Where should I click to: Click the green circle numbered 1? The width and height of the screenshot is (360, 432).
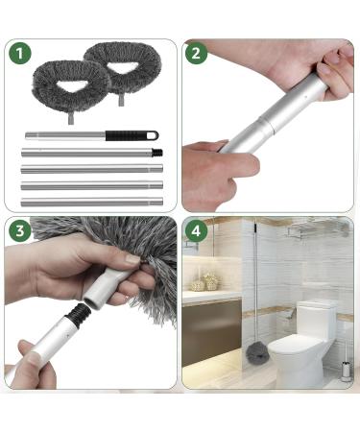click(x=20, y=53)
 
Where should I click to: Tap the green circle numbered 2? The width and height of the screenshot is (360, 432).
click(x=196, y=53)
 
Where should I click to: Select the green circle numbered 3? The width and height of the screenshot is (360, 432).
click(x=20, y=230)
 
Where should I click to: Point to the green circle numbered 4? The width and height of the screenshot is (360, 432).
click(x=196, y=230)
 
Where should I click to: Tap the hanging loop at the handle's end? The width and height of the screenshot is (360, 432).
click(x=153, y=135)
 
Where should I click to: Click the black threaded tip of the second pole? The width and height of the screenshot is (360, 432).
click(x=157, y=153)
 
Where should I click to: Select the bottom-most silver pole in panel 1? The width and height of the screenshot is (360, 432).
click(x=92, y=203)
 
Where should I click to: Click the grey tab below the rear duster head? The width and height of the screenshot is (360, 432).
click(x=121, y=100)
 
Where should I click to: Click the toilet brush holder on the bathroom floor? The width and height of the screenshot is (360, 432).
click(x=345, y=371)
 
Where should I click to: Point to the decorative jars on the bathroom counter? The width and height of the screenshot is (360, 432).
click(x=205, y=282)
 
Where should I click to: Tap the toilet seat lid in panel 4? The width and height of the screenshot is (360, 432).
click(x=296, y=343)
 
